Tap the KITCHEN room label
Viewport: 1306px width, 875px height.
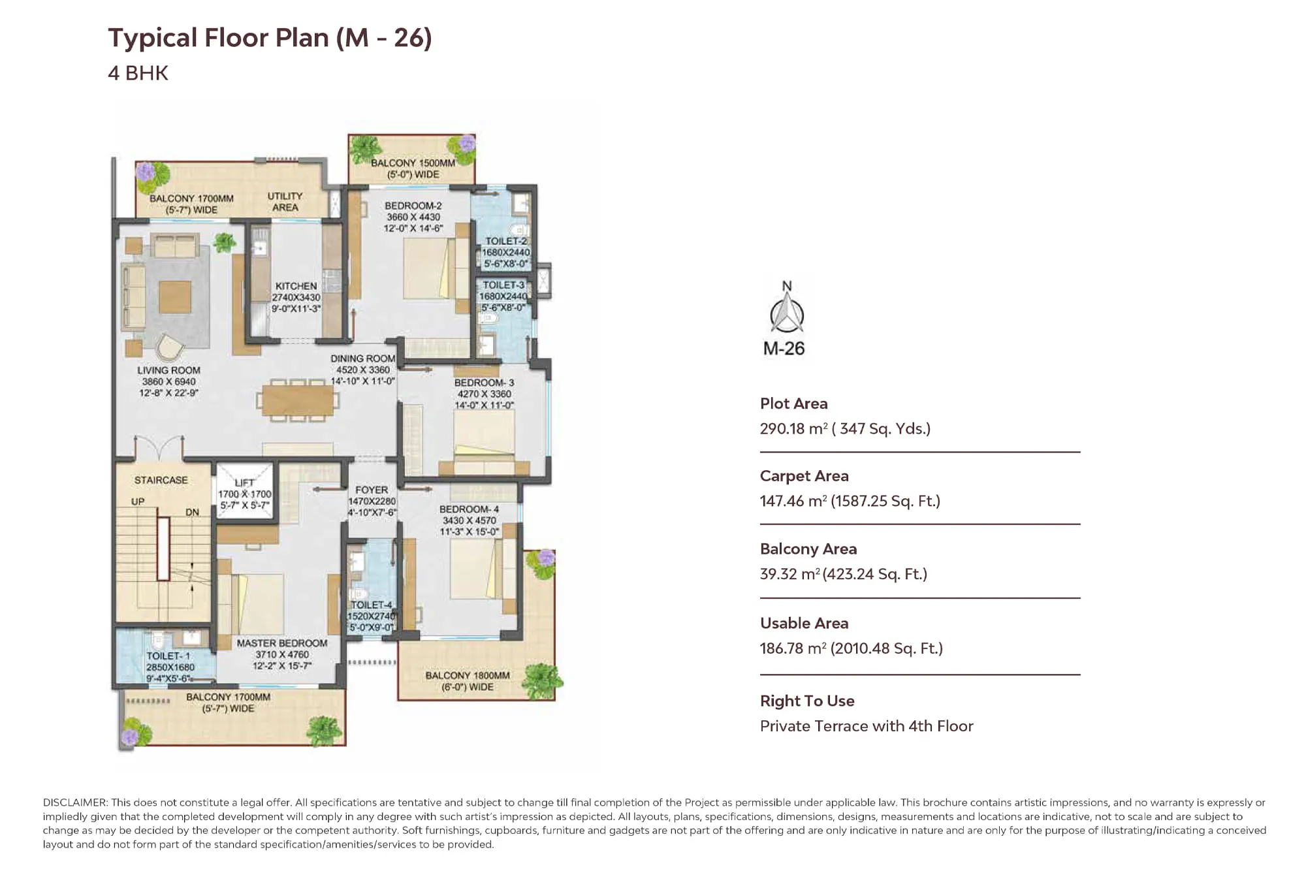(296, 286)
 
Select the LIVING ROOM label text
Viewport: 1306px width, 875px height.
(168, 370)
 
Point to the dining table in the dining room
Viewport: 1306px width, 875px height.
(298, 400)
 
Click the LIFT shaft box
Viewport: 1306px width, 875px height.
(244, 490)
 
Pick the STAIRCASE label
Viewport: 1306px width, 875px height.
(161, 480)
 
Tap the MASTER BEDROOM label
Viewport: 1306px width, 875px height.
(282, 643)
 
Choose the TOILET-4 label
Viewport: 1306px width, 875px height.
(371, 605)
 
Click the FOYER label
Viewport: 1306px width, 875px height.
(372, 490)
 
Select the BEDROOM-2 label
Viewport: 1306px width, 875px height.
(413, 206)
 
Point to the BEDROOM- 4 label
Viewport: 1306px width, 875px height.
(469, 509)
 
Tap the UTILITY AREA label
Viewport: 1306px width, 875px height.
(285, 202)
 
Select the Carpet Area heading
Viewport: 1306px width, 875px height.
(804, 476)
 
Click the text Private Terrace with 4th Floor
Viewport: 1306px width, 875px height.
(867, 726)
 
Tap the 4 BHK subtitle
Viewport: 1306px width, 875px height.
(138, 73)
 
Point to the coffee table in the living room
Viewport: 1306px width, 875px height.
(175, 297)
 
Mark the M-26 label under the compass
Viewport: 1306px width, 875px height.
(784, 349)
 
